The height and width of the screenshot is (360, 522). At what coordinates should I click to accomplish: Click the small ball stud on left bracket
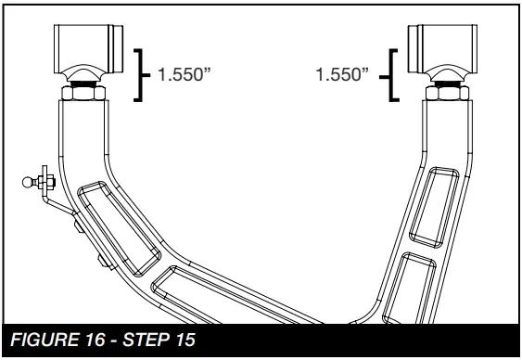click(26, 182)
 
